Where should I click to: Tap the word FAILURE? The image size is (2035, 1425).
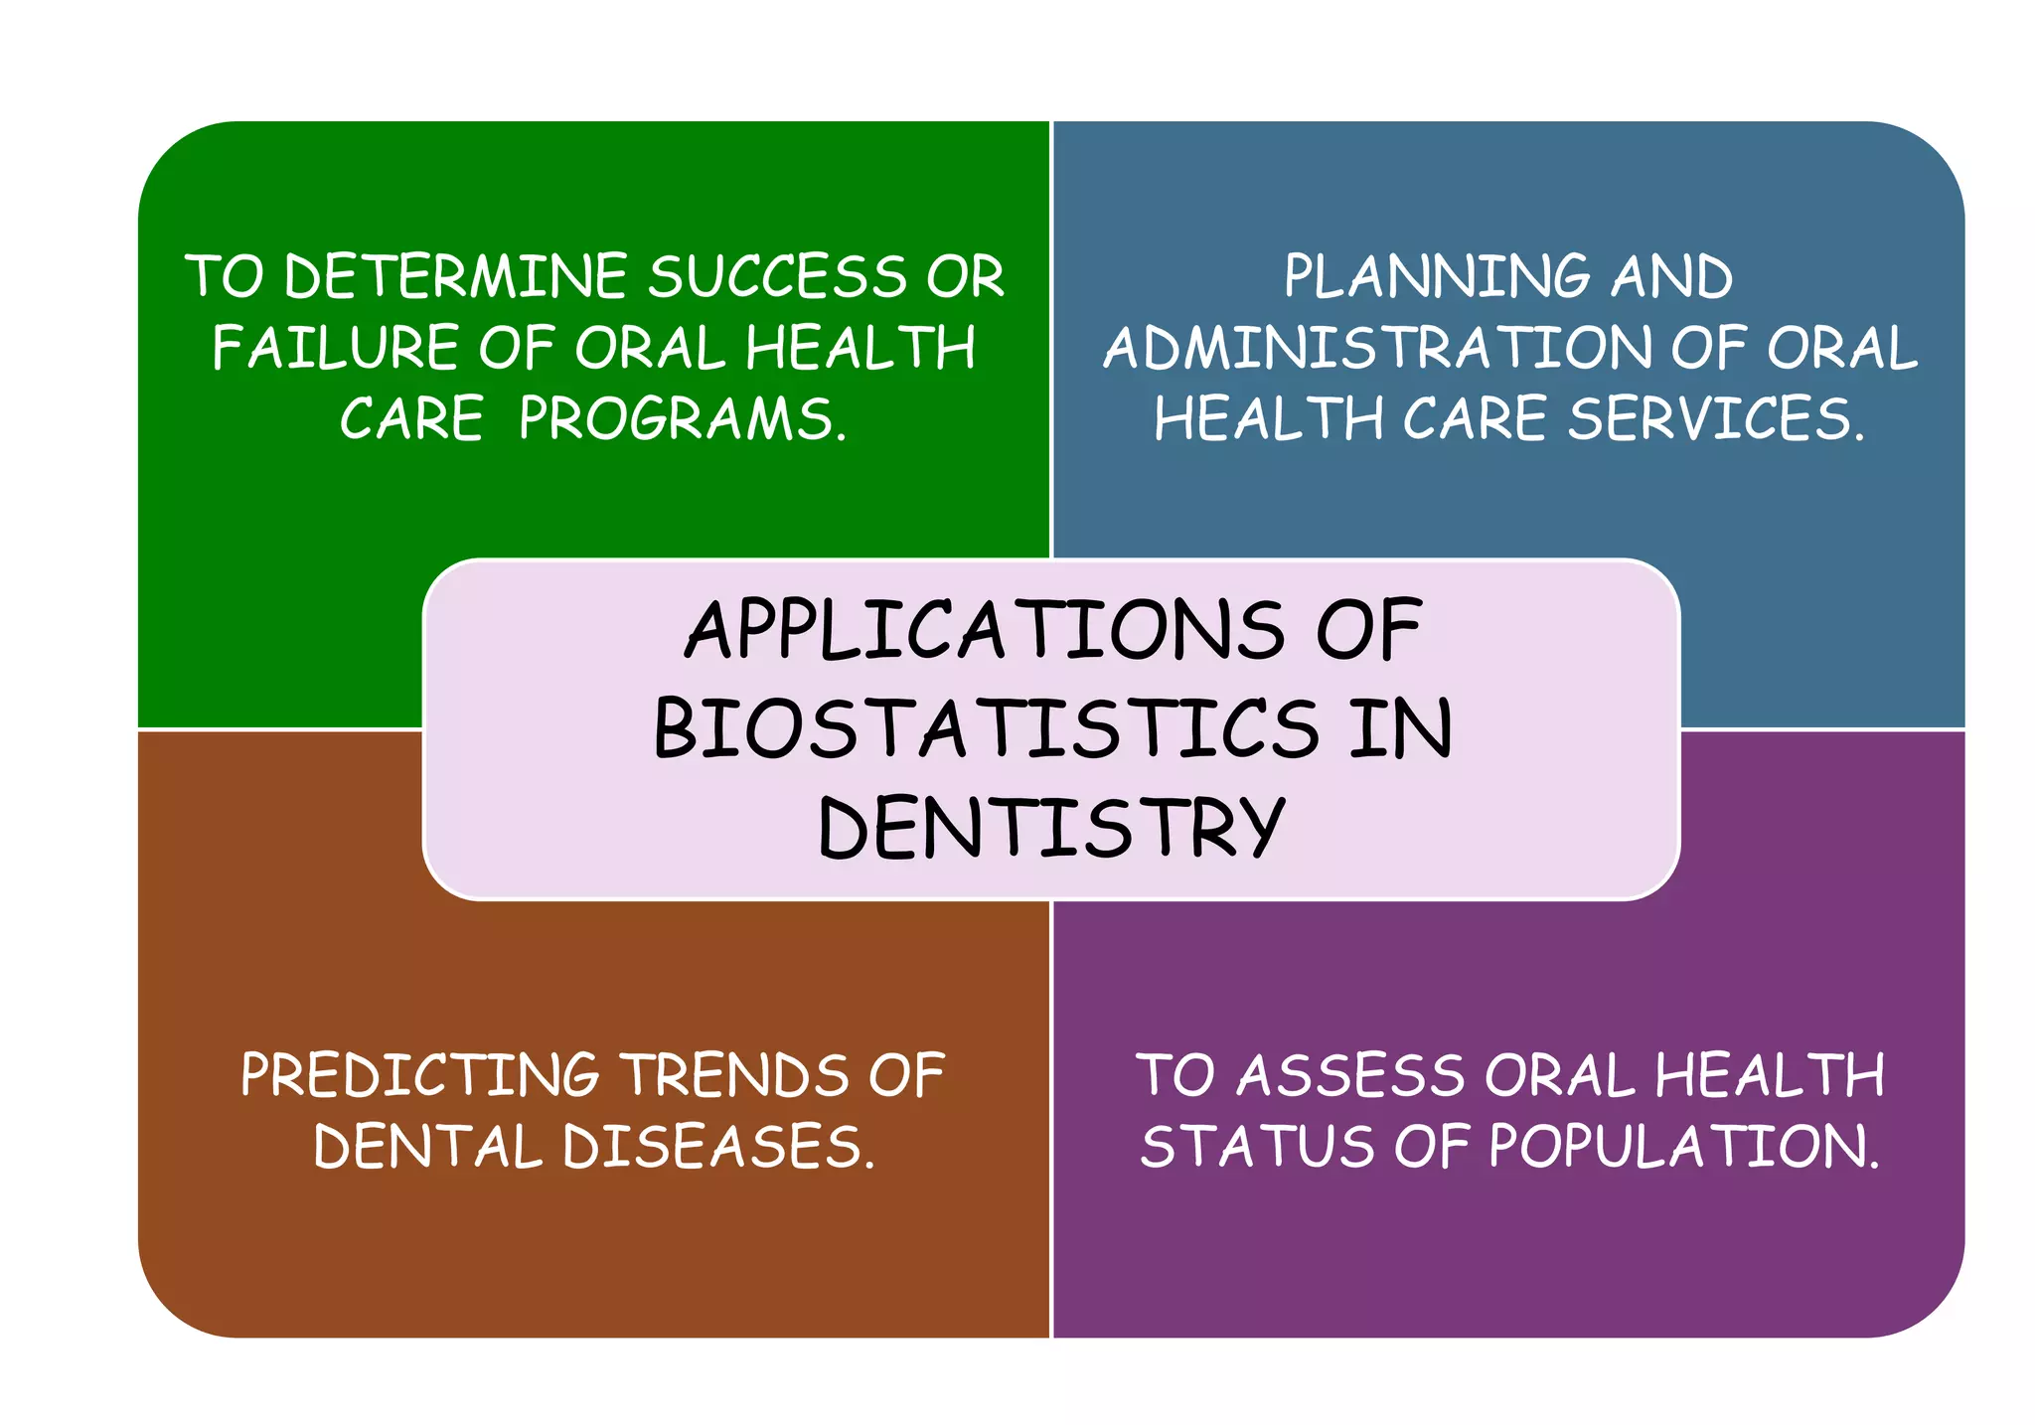coord(335,348)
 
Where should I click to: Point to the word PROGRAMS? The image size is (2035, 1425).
coord(683,418)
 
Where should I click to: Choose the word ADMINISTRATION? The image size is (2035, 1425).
coord(1376,348)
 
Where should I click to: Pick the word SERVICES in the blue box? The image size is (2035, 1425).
coord(1715,418)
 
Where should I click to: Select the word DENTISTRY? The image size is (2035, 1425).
coord(1051,827)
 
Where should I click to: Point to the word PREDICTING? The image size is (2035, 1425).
coord(419,1075)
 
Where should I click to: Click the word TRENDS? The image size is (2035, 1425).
coord(736,1075)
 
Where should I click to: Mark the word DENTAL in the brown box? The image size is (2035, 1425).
coord(427,1147)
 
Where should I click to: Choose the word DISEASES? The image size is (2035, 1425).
coord(718,1147)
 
